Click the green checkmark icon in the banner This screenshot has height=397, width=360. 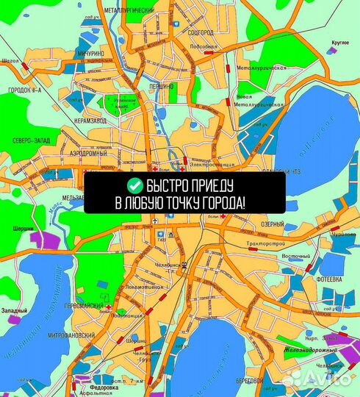coord(134,185)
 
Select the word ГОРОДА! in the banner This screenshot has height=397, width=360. coord(221,201)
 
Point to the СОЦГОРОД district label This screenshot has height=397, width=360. coord(202,33)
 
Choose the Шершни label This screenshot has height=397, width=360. coord(23,228)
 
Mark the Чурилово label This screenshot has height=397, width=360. coord(344,235)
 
